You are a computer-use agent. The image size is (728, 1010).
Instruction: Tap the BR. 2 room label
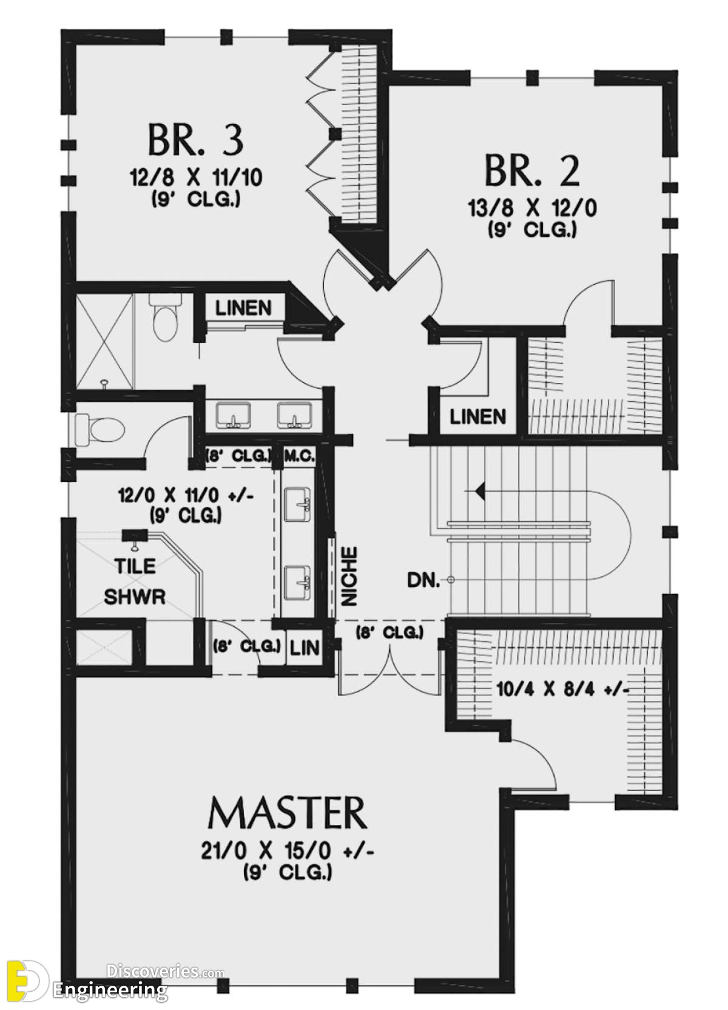pos(532,171)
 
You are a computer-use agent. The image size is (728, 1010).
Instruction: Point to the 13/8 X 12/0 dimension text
pos(533,209)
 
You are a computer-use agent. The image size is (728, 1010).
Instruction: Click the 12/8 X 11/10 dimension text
pos(197,178)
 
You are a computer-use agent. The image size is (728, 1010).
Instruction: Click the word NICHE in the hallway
pos(349,576)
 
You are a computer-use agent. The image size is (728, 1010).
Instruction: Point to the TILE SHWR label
pos(135,581)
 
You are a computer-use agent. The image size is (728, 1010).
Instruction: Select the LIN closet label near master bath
pos(305,648)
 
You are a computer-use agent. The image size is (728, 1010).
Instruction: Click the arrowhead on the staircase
pos(480,489)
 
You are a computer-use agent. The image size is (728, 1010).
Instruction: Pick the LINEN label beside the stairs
pos(478,416)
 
